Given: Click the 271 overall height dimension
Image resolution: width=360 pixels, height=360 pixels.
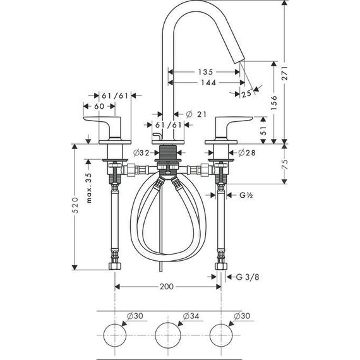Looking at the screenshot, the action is (285, 73).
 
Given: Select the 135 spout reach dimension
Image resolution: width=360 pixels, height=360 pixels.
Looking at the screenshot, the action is (205, 72).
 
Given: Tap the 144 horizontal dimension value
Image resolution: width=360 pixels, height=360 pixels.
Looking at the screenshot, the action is (208, 83).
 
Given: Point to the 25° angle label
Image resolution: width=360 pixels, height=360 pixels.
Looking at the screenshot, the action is (247, 93).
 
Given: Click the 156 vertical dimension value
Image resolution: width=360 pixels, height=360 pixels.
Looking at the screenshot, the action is (274, 102).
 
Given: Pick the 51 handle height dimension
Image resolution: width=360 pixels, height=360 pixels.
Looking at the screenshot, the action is (263, 130).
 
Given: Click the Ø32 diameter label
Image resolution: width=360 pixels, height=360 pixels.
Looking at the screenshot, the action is (141, 153).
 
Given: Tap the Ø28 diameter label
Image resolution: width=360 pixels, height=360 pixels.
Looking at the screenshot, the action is (247, 153).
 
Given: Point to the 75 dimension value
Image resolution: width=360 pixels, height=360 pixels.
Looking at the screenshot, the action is (285, 164).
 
